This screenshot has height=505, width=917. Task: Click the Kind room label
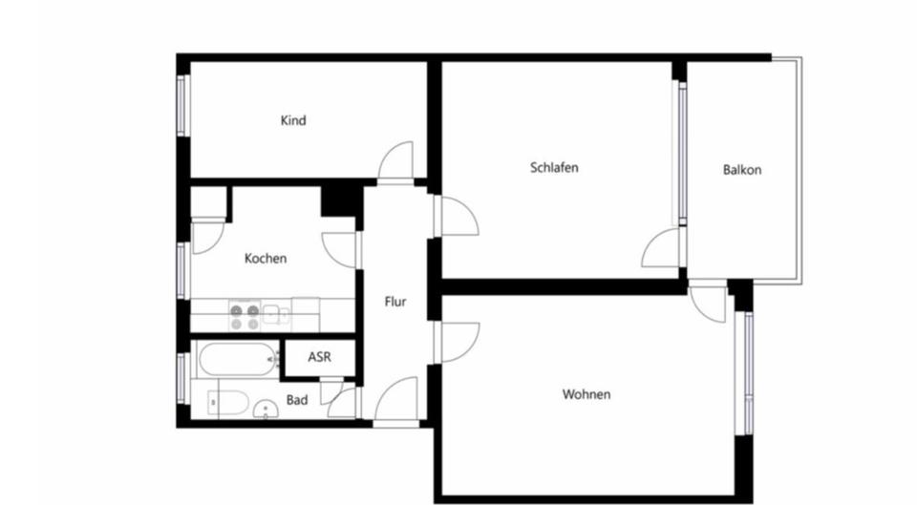293,121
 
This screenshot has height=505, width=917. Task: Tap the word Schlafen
554,168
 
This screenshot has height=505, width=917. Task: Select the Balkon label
741,171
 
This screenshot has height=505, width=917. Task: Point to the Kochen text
266,258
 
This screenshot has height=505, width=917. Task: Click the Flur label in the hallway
395,303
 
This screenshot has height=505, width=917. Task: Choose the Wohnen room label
586,394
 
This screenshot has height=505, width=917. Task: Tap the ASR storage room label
320,357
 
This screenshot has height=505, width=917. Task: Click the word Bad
297,400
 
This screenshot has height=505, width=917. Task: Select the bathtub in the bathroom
237,360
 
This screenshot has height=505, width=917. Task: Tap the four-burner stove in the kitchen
244,316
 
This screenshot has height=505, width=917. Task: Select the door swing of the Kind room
396,160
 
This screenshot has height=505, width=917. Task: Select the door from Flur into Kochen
340,249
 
